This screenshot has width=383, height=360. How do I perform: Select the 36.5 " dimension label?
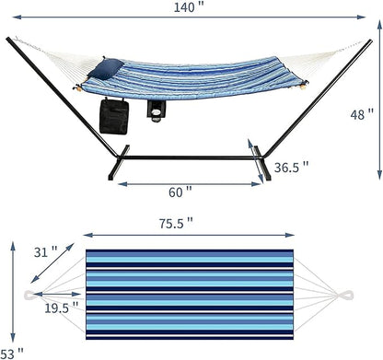(291, 168)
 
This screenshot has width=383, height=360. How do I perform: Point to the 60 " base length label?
(180, 192)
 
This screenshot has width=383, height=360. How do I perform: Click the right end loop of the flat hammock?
(348, 295)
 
